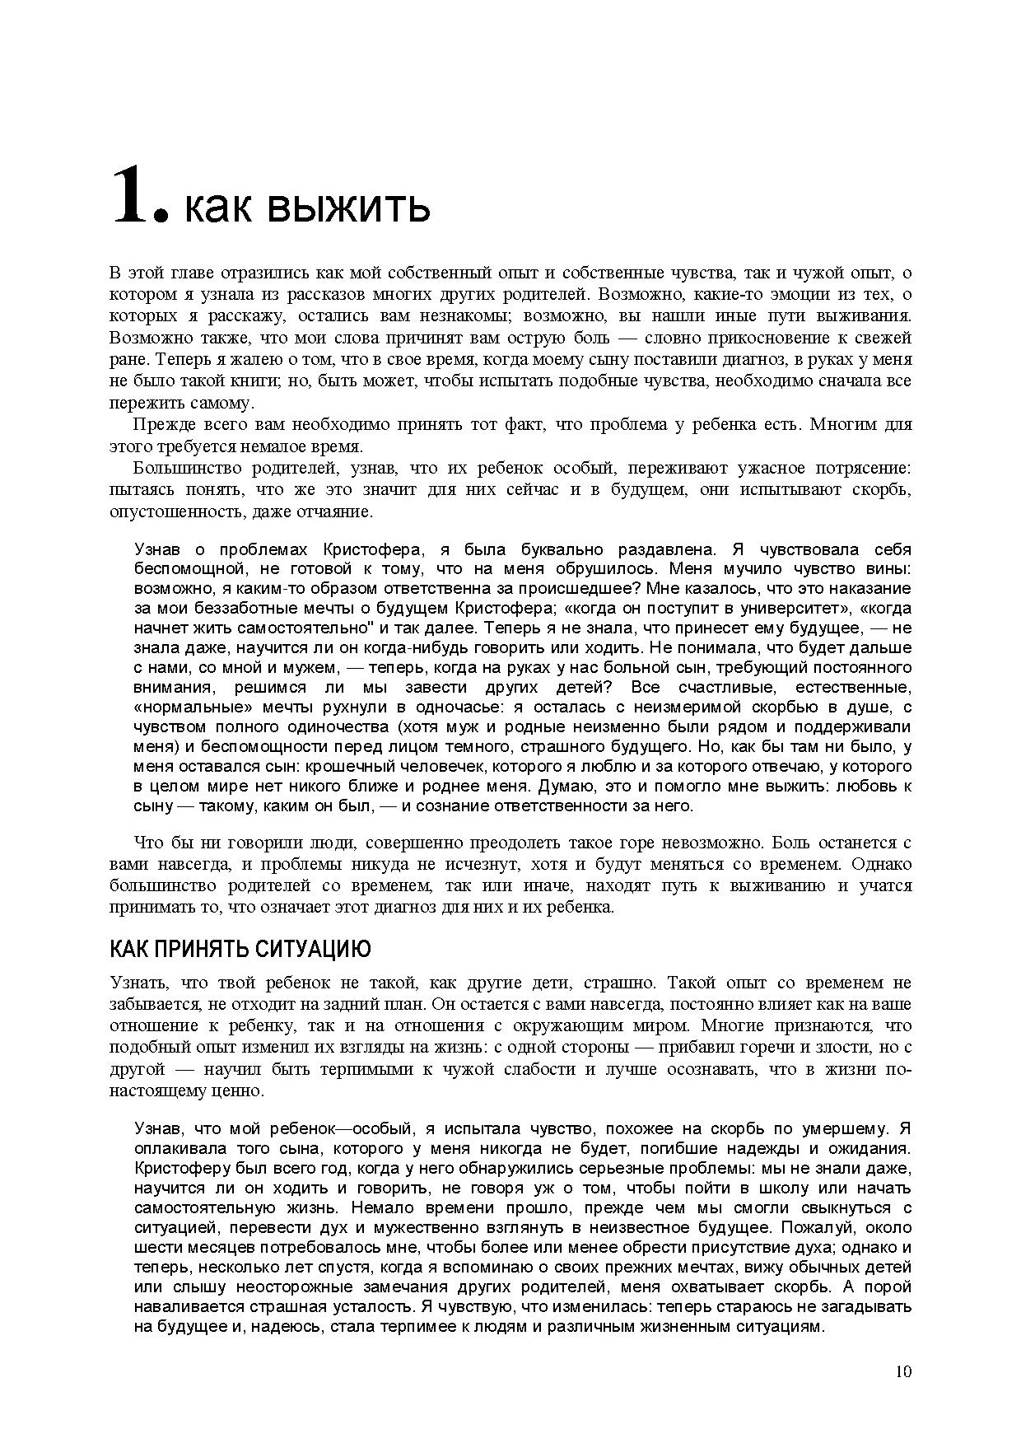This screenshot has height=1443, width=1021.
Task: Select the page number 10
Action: (x=902, y=1371)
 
